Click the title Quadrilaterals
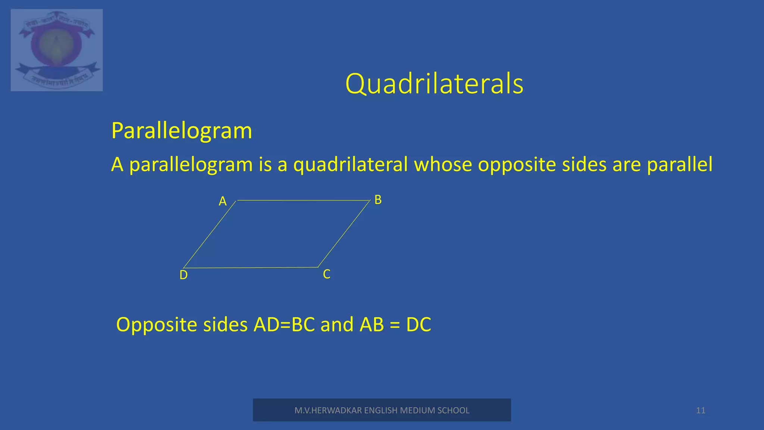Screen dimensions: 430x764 pyautogui.click(x=434, y=84)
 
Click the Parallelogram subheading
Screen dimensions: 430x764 pyautogui.click(x=182, y=131)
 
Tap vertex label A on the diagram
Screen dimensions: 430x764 pyautogui.click(x=223, y=201)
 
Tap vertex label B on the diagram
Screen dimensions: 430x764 pyautogui.click(x=378, y=200)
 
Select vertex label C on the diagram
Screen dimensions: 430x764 pyautogui.click(x=326, y=274)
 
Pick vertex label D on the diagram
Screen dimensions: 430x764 pyautogui.click(x=184, y=275)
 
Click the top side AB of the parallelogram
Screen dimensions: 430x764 pyautogui.click(x=303, y=200)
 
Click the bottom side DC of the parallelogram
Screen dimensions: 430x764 pyautogui.click(x=251, y=268)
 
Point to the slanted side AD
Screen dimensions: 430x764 pyautogui.click(x=210, y=234)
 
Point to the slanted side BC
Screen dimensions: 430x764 pyautogui.click(x=344, y=234)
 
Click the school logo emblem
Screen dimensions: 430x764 pyautogui.click(x=57, y=50)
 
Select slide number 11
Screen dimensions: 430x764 pyautogui.click(x=701, y=411)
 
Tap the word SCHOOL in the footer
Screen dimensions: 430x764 pyautogui.click(x=453, y=411)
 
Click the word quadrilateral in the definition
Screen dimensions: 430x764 pyautogui.click(x=350, y=165)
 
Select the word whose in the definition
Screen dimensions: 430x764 pyautogui.click(x=443, y=165)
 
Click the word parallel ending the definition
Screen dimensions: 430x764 pyautogui.click(x=679, y=165)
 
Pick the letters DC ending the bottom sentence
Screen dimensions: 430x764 pyautogui.click(x=419, y=324)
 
